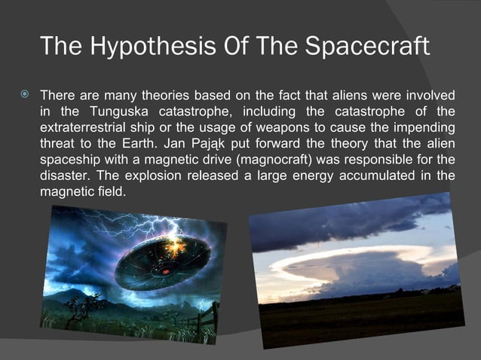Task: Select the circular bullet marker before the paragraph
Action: tap(25, 96)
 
